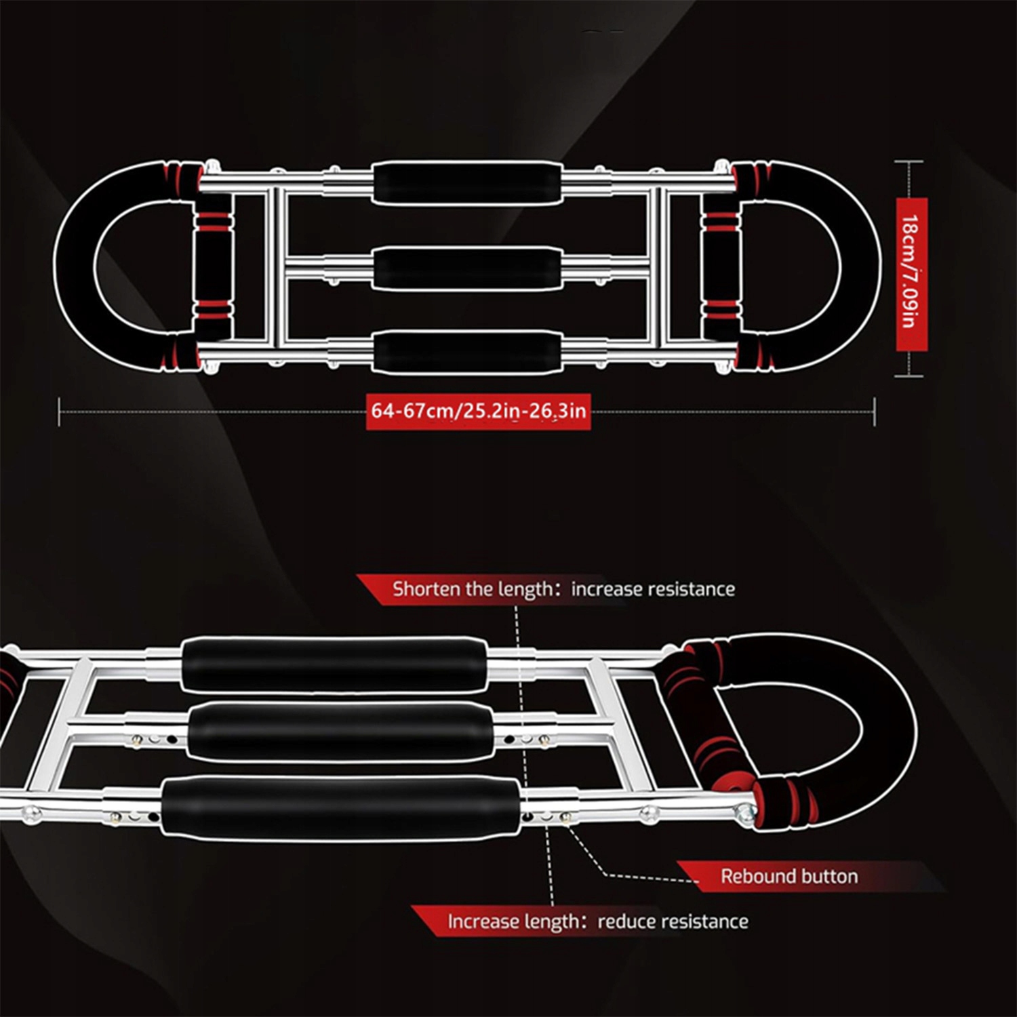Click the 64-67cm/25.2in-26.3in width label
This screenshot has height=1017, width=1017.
click(x=478, y=411)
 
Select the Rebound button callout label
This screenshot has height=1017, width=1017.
click(x=789, y=876)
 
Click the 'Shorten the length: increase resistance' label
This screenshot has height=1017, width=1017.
click(x=563, y=589)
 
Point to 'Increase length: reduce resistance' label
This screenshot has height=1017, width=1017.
click(x=597, y=921)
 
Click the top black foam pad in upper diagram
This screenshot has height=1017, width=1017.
click(x=467, y=182)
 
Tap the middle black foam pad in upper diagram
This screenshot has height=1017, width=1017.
click(x=467, y=268)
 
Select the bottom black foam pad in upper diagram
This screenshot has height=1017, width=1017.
click(x=467, y=351)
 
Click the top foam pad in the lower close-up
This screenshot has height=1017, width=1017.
click(x=334, y=664)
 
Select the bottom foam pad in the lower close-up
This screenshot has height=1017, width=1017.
click(x=341, y=805)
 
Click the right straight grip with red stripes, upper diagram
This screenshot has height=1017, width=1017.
click(x=721, y=268)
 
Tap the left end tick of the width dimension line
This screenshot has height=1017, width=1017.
click(x=60, y=412)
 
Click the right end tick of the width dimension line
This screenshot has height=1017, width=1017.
click(x=875, y=412)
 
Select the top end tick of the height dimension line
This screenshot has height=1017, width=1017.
click(x=909, y=162)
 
